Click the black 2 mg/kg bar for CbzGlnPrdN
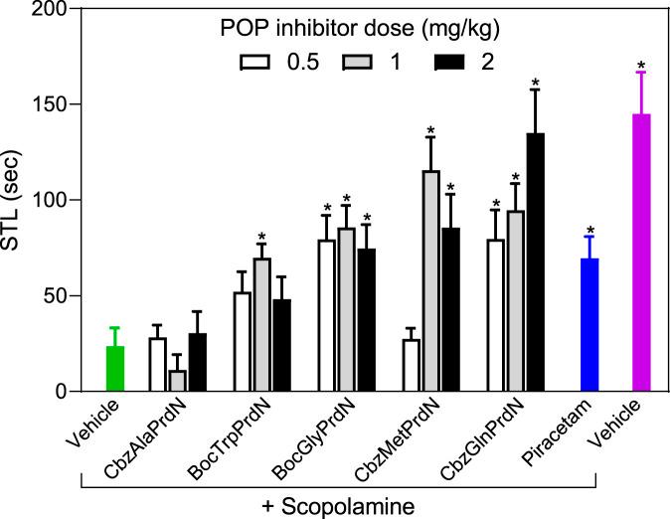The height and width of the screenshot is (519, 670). pos(535,262)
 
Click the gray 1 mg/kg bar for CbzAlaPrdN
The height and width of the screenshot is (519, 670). pos(178,382)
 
